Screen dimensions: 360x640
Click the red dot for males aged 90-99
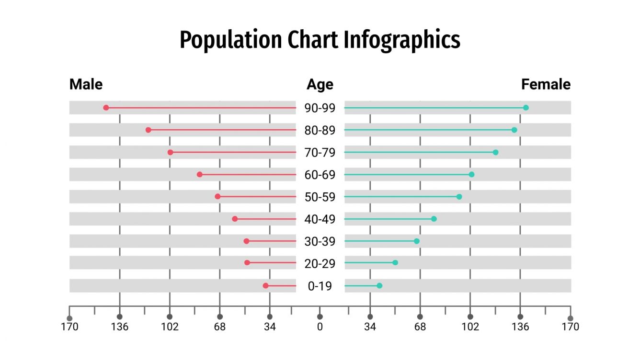[x=106, y=108]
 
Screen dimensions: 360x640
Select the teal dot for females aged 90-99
[x=526, y=108]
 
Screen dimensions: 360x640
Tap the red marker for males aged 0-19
[x=265, y=286]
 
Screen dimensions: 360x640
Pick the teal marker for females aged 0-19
[x=379, y=286]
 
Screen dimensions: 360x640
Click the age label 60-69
[x=320, y=175]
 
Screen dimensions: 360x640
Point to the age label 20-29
[x=320, y=264]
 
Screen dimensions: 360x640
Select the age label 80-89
[x=320, y=130]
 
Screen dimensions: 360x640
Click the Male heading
[x=86, y=85]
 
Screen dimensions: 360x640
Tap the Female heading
[x=546, y=85]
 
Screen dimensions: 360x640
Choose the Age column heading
[x=320, y=85]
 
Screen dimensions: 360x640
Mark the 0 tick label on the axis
[x=320, y=327]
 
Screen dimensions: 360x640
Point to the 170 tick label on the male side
[x=69, y=327]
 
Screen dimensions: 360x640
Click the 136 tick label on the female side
[x=520, y=327]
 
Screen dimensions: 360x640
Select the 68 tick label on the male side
[x=220, y=327]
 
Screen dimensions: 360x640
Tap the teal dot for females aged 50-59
[x=459, y=197]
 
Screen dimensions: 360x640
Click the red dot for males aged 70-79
[x=170, y=152]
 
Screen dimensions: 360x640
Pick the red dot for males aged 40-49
[x=235, y=219]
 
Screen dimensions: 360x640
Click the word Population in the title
[x=231, y=40]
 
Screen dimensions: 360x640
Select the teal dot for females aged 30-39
[x=417, y=241]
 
